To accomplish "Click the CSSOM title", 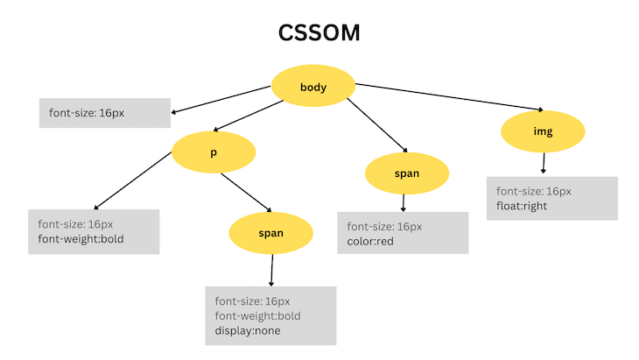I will click(x=319, y=33).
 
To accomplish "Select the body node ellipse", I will click(x=312, y=87).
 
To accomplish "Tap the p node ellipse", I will click(x=213, y=152).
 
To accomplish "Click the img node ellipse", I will click(x=543, y=132).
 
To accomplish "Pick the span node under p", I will click(x=270, y=233).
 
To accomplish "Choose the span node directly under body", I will click(x=406, y=173).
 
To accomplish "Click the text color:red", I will click(x=371, y=241).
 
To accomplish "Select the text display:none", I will click(x=249, y=331).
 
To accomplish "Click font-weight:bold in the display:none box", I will click(x=257, y=316).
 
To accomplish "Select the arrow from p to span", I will click(x=246, y=193).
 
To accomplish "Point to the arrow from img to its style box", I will click(x=544, y=162).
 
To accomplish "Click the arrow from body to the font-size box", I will click(x=223, y=99).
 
